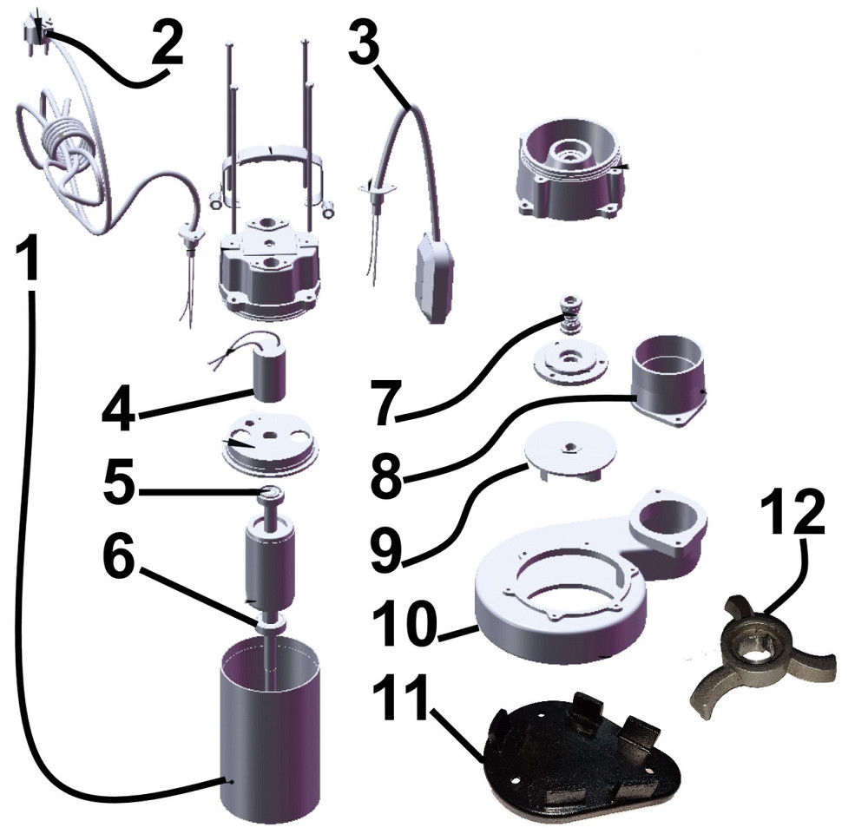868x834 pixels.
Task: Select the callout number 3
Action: coord(365,40)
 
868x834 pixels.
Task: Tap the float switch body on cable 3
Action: coord(436,275)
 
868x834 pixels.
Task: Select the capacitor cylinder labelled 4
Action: coord(269,377)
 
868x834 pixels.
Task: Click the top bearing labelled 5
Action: coord(270,494)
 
